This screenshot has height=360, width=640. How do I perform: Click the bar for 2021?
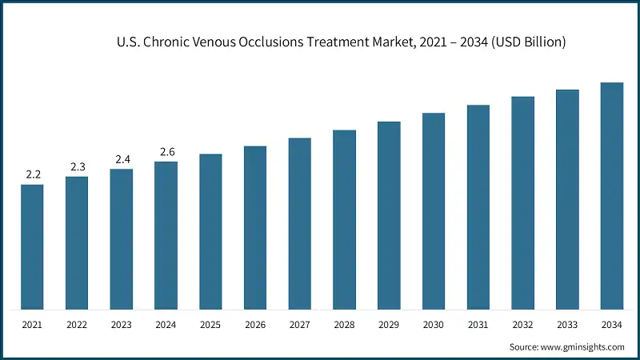32,246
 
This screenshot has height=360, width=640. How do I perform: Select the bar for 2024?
166,235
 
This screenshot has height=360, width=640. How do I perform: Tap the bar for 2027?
300,223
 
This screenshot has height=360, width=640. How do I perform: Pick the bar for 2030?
434,210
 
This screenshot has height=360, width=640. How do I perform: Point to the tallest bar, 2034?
612,195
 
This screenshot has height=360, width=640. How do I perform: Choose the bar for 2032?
523,202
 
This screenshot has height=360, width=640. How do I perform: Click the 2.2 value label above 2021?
32,174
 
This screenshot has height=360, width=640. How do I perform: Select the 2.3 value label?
77,166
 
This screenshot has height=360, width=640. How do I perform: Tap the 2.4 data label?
122,159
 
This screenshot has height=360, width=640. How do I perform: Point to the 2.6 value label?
166,151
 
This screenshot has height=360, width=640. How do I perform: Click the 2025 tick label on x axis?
210,326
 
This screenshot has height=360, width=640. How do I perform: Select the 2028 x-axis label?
344,326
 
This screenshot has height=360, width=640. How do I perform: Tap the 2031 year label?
478,326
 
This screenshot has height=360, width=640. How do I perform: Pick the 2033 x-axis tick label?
567,326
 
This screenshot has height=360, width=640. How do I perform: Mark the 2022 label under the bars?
77,326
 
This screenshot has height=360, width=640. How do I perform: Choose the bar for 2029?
389,215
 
